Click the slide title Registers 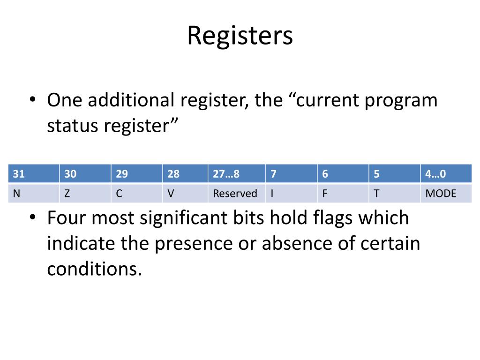[x=240, y=36]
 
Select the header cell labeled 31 [x=34, y=174]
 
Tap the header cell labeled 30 [x=85, y=174]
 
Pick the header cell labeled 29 [x=137, y=174]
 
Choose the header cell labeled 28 [x=185, y=174]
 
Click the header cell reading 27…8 [x=237, y=174]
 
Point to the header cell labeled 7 [x=291, y=174]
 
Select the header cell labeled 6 [x=343, y=174]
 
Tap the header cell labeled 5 [x=394, y=174]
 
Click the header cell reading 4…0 [x=446, y=174]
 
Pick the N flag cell [x=34, y=193]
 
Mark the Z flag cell [x=85, y=193]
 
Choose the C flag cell [x=137, y=193]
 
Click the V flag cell [x=185, y=193]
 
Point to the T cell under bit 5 [x=394, y=193]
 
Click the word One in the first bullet [x=65, y=101]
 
